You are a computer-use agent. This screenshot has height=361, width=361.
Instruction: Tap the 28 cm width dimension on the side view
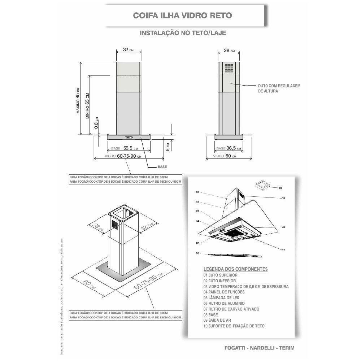click(x=229, y=51)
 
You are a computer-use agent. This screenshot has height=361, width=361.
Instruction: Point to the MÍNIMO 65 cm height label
click(x=87, y=105)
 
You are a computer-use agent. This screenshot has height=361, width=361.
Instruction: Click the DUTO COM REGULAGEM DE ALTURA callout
click(x=279, y=88)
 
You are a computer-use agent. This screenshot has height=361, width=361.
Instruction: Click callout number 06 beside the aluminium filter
click(x=197, y=253)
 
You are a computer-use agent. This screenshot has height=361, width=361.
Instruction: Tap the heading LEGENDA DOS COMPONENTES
click(x=235, y=269)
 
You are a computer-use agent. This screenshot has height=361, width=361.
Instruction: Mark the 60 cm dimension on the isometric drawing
click(x=87, y=284)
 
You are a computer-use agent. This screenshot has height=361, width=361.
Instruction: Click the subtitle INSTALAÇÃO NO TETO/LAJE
click(x=183, y=32)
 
